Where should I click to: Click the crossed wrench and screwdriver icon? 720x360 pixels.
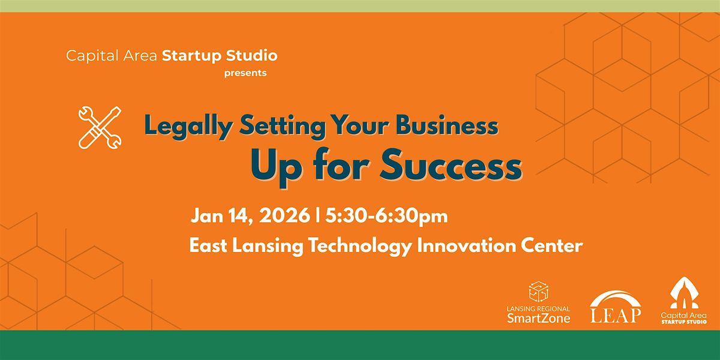click(x=100, y=128)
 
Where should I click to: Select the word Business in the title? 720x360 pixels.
click(x=447, y=125)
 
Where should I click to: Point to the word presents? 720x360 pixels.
click(x=245, y=73)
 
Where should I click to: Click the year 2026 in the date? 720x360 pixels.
click(x=284, y=215)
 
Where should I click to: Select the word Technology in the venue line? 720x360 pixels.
click(x=361, y=247)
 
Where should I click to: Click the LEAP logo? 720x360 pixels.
click(x=616, y=307)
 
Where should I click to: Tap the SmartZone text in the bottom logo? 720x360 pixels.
click(x=538, y=318)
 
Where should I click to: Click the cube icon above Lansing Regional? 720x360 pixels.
click(x=538, y=292)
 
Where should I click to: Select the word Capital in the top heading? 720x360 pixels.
click(x=91, y=56)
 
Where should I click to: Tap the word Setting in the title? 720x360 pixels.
click(x=283, y=125)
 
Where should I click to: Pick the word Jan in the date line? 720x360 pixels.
click(x=208, y=215)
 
